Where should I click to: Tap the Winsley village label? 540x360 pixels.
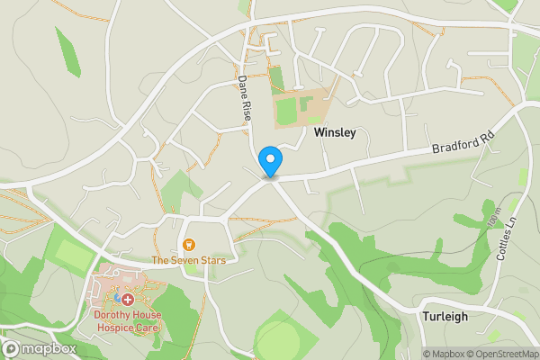point(335,132)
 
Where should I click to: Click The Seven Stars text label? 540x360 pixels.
point(187,260)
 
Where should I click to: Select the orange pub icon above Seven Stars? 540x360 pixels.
point(189,245)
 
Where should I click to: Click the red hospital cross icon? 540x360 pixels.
point(128,299)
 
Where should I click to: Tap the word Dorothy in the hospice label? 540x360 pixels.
point(113,315)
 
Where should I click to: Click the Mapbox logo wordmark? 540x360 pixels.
point(39,348)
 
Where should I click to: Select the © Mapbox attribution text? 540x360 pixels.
point(444,354)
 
